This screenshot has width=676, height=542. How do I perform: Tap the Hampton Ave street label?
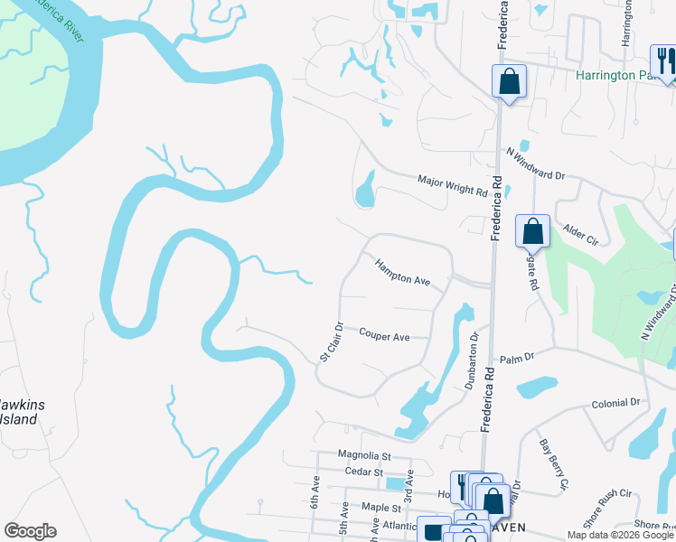[x=403, y=274]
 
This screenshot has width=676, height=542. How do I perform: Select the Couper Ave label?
[x=384, y=336]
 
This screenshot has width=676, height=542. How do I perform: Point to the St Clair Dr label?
[x=333, y=342]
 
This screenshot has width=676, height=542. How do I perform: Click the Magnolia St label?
[x=363, y=455]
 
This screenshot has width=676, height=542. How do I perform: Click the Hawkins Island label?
[x=18, y=412]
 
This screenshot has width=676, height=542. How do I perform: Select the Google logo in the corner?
[x=30, y=531]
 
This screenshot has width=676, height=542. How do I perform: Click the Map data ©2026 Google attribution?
[x=620, y=535]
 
